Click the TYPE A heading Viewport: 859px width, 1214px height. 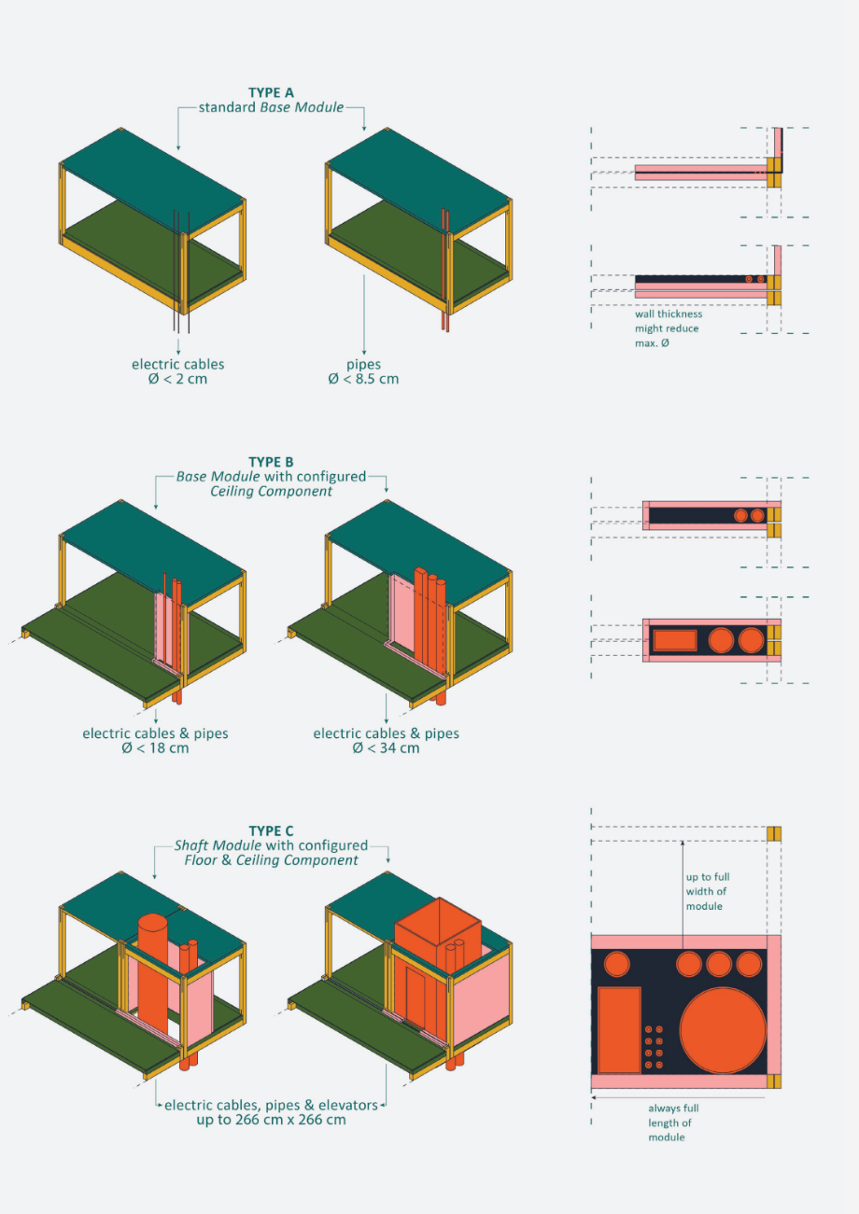pos(271,92)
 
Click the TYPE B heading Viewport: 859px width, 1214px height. pos(271,462)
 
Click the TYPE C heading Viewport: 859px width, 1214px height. pos(271,830)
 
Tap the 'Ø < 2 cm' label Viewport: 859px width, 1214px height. pos(178,379)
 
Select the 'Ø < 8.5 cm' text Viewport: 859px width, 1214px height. pos(363,379)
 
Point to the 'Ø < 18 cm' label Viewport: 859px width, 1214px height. pos(156,748)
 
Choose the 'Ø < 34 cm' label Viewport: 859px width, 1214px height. pos(387,748)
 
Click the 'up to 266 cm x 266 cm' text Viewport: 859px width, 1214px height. pos(271,1120)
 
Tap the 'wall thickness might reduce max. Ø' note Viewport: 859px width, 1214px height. pos(669,328)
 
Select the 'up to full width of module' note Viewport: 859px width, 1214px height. pos(708,891)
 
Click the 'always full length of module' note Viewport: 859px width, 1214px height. pos(673,1123)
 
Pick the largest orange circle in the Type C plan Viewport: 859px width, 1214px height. pos(723,1030)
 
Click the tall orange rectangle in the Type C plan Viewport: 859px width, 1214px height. pos(619,1030)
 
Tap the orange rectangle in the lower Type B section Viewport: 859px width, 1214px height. pos(675,640)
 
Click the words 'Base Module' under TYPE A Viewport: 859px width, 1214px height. pos(302,107)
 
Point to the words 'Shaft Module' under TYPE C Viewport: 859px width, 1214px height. pos(218,845)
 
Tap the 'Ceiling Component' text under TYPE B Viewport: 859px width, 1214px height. pos(271,492)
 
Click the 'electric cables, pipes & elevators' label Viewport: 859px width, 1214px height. pos(271,1105)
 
